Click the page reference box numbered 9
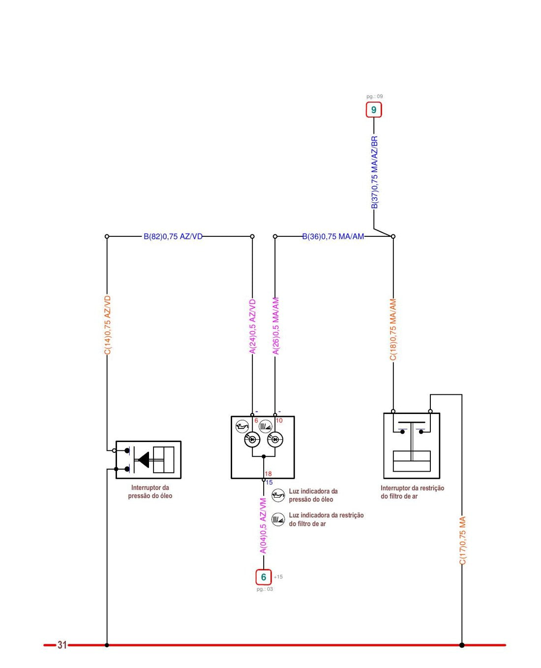[373, 110]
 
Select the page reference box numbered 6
[264, 577]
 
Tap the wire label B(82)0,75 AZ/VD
[173, 236]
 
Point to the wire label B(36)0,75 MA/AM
[333, 236]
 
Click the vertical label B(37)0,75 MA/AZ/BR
[374, 172]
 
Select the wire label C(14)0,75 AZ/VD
[107, 325]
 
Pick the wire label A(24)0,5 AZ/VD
[252, 327]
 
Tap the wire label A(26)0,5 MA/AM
[276, 326]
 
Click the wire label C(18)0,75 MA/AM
[393, 330]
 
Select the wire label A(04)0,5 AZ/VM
[264, 526]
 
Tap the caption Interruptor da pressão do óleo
[150, 492]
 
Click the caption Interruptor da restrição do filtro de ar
[412, 492]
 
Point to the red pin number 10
[279, 420]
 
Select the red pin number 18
[268, 474]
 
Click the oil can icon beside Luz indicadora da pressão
[278, 495]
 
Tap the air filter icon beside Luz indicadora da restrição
[278, 519]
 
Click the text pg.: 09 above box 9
[374, 96]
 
